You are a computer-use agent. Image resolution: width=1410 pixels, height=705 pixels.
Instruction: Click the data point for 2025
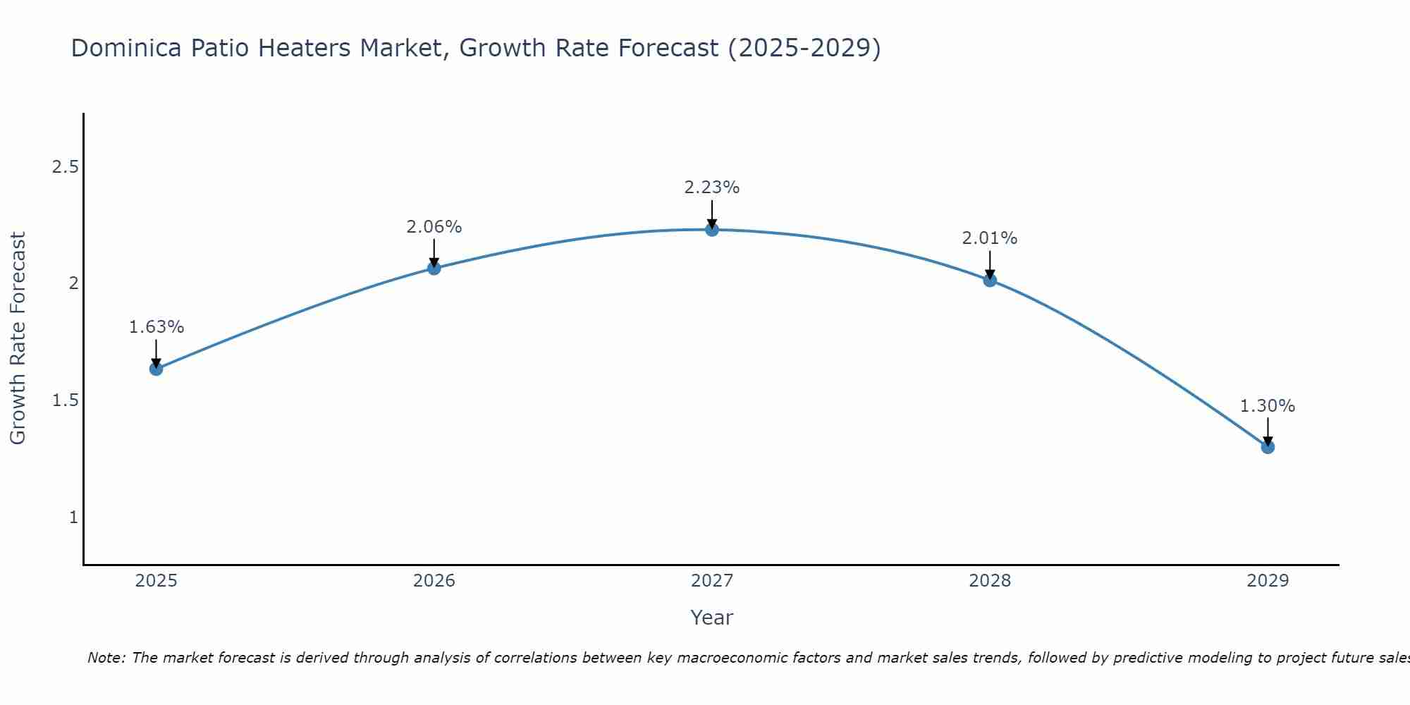click(157, 369)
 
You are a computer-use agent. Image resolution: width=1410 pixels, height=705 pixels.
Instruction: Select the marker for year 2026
click(434, 268)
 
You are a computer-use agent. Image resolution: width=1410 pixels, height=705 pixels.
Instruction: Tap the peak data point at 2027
click(712, 229)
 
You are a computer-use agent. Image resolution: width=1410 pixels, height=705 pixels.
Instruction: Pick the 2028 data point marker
click(990, 280)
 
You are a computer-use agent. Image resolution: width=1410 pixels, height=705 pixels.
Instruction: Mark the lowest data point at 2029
click(1268, 446)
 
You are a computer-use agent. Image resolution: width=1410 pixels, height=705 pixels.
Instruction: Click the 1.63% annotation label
click(157, 327)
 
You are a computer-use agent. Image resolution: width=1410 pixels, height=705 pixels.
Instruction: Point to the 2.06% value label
click(434, 227)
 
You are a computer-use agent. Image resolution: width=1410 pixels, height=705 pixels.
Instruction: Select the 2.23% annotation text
click(712, 188)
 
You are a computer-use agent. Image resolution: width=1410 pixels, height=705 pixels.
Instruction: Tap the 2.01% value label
click(990, 238)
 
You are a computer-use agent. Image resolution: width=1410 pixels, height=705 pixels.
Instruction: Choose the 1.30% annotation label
click(1268, 406)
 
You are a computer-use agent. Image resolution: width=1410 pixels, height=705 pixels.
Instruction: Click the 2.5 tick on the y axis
click(65, 167)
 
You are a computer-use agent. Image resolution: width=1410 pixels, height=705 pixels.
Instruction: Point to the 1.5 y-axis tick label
click(65, 400)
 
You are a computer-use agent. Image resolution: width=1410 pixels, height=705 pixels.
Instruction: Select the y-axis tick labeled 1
click(73, 517)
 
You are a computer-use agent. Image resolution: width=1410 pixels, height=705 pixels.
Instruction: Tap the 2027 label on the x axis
click(712, 581)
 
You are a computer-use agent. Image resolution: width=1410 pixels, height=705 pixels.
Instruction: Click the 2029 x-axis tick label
click(1268, 581)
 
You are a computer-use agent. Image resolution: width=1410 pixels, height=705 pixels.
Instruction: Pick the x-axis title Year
click(712, 618)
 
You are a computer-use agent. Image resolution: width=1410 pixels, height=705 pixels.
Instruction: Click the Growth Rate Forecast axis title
click(18, 338)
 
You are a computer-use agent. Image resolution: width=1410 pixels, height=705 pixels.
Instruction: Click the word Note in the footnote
click(106, 658)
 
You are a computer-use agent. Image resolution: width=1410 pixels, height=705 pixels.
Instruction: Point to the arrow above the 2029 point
click(1268, 431)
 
